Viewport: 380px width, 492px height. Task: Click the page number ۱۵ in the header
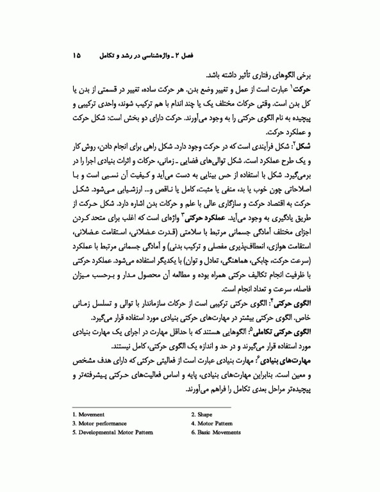tap(78, 56)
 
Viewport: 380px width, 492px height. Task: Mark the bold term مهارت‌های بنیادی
tap(288, 365)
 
